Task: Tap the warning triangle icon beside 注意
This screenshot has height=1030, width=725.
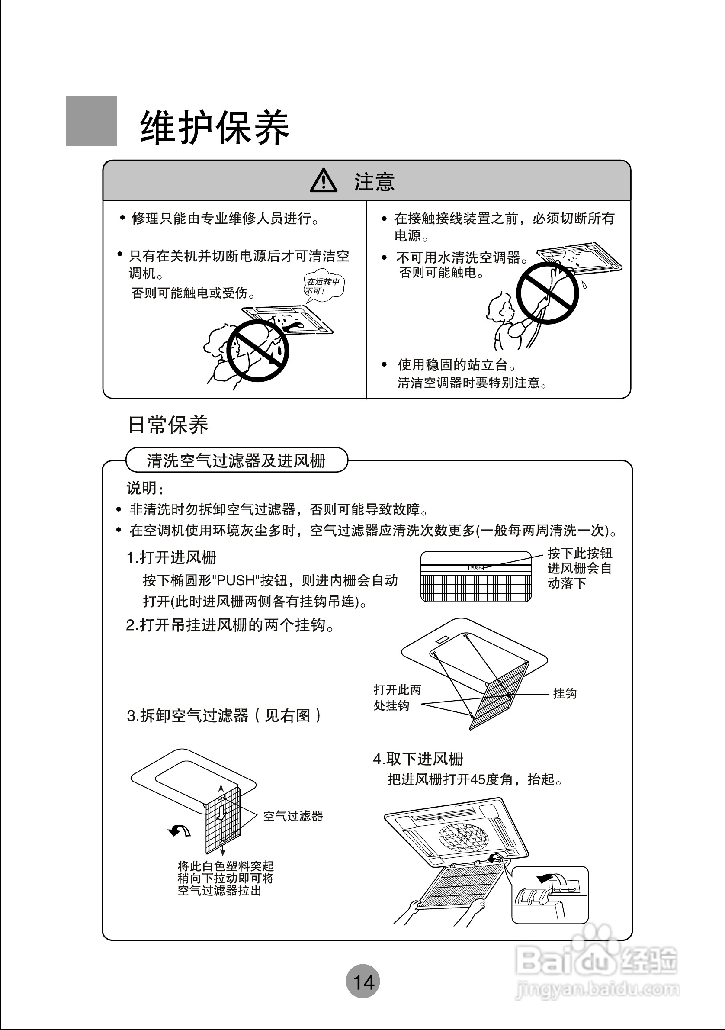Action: pyautogui.click(x=323, y=181)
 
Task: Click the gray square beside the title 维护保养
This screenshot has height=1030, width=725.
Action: pyautogui.click(x=91, y=121)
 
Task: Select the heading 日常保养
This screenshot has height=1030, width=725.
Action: pyautogui.click(x=168, y=425)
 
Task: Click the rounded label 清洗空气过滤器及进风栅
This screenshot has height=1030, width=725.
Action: pyautogui.click(x=236, y=460)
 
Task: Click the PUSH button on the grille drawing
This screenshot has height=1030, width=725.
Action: pyautogui.click(x=476, y=567)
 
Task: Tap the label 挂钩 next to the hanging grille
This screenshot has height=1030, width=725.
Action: pyautogui.click(x=565, y=694)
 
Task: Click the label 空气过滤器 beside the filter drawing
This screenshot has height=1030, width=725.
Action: pyautogui.click(x=293, y=816)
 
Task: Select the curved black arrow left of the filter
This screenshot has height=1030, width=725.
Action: pyautogui.click(x=180, y=831)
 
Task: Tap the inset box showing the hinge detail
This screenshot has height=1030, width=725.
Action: pyautogui.click(x=550, y=895)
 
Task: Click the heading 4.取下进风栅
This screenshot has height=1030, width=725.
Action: pyautogui.click(x=418, y=759)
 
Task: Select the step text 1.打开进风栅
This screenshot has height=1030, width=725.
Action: pyautogui.click(x=172, y=557)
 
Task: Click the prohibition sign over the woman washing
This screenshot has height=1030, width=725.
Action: pyautogui.click(x=548, y=293)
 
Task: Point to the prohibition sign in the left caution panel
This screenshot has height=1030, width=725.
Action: pyautogui.click(x=257, y=351)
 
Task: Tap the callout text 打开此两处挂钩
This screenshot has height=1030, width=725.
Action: pyautogui.click(x=397, y=697)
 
